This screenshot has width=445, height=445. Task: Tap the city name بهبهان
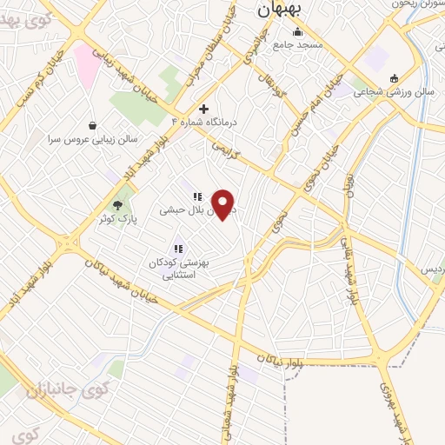click(x=279, y=11)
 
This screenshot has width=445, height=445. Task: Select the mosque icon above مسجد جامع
click(x=297, y=32)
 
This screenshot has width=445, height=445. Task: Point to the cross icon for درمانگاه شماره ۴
click(x=203, y=109)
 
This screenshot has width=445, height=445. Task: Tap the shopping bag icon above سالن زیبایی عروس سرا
click(x=93, y=124)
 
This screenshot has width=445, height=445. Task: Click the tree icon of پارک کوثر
click(x=118, y=204)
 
